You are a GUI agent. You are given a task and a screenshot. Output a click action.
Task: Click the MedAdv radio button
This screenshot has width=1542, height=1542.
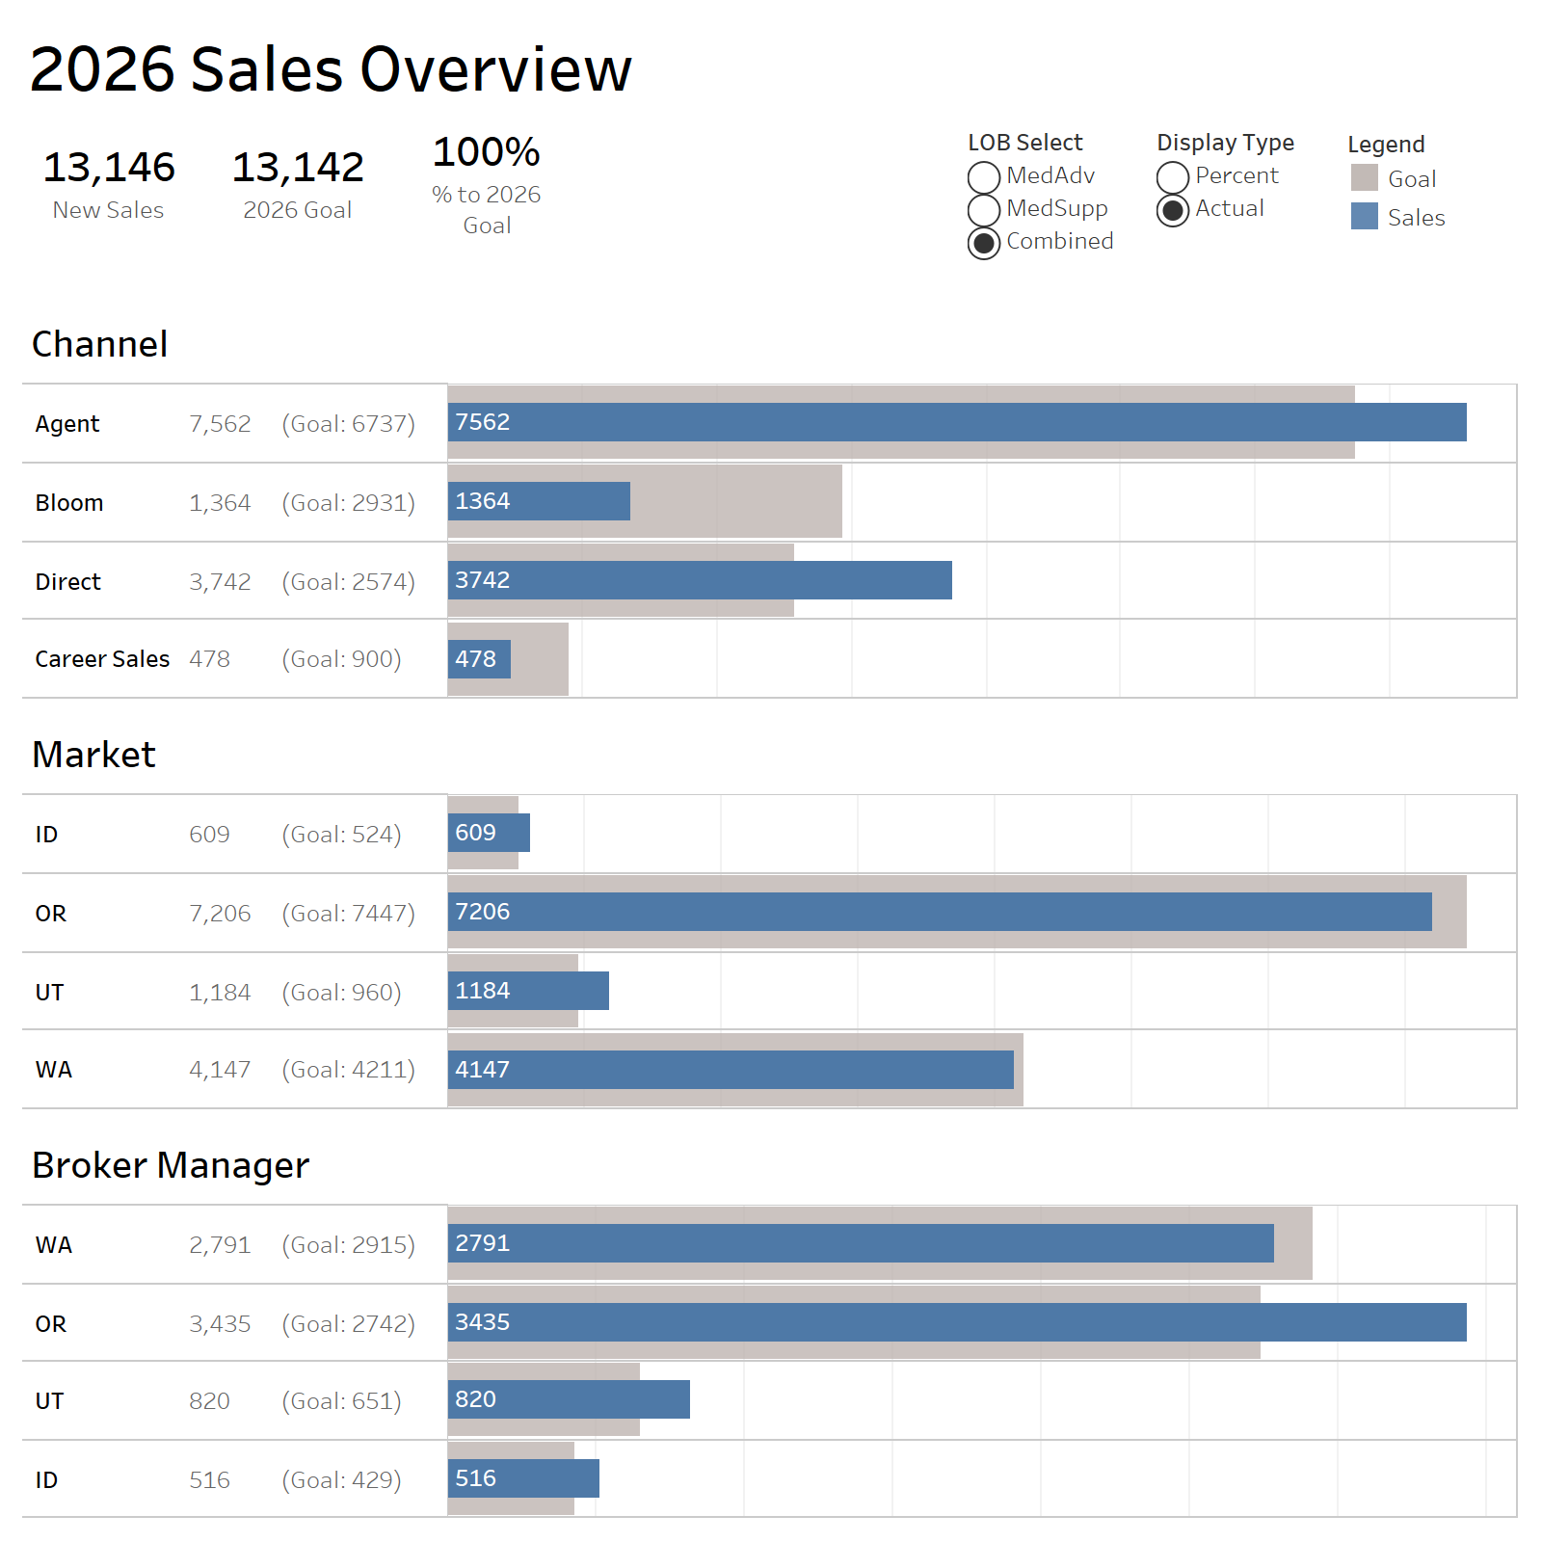click(983, 177)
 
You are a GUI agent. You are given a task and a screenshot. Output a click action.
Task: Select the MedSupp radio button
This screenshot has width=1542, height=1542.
click(983, 210)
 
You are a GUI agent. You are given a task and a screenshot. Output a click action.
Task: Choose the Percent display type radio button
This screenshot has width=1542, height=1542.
click(1172, 177)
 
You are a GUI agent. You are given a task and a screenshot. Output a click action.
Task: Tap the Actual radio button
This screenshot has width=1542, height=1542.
click(1172, 210)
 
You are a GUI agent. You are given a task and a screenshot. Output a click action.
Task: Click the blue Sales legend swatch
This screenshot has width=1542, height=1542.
click(1364, 216)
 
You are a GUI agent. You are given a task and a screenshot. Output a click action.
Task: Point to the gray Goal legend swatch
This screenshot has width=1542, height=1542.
click(1364, 177)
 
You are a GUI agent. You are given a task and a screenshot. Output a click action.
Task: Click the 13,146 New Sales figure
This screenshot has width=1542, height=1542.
click(109, 168)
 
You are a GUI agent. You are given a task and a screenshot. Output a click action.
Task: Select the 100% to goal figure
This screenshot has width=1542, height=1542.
click(487, 152)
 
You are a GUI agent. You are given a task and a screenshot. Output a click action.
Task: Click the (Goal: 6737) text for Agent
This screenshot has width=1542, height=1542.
click(348, 424)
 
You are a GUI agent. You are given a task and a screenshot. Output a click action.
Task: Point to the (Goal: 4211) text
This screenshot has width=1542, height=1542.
click(348, 1070)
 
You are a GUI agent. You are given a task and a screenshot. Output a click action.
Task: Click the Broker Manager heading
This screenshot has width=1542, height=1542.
click(171, 1165)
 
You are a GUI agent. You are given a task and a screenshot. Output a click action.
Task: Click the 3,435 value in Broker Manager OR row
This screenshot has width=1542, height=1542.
click(220, 1324)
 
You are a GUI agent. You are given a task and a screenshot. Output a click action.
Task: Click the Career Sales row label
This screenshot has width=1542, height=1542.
click(102, 659)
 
